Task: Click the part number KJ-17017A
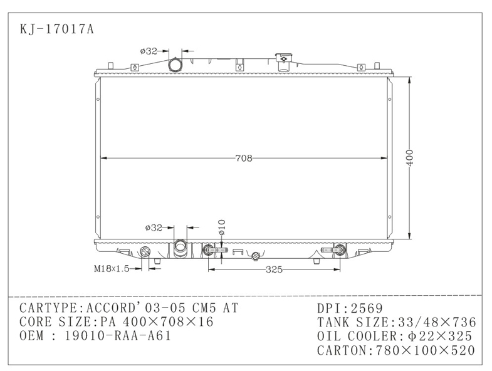[57, 29]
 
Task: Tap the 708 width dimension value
[244, 158]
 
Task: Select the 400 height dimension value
[410, 158]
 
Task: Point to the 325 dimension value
[274, 269]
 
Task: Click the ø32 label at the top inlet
[149, 51]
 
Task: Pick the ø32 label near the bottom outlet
[154, 227]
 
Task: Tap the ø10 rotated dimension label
[222, 227]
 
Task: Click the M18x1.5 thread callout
[112, 269]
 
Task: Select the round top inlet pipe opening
[175, 66]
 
